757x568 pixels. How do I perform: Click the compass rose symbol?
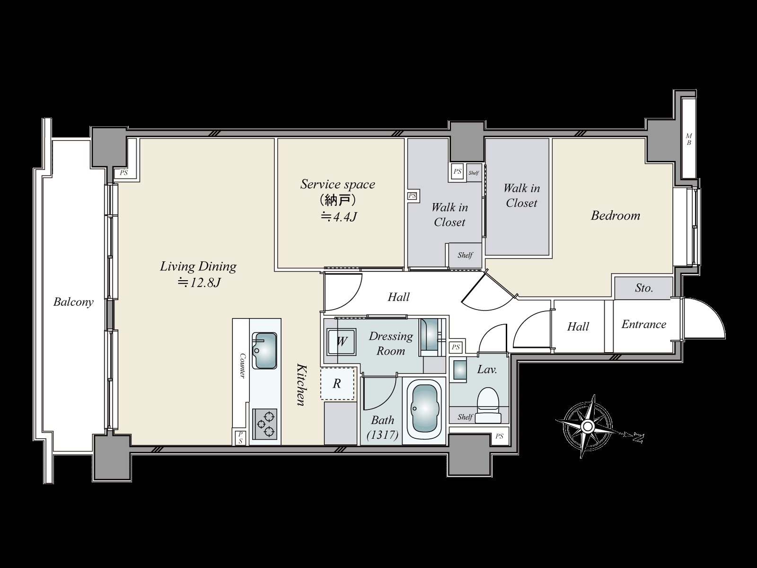[587, 427]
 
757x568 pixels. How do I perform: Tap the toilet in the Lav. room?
[488, 405]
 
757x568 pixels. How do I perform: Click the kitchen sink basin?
[264, 350]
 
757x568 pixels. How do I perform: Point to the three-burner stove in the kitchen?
[264, 424]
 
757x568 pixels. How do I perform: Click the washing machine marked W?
[341, 342]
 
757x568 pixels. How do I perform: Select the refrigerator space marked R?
[337, 384]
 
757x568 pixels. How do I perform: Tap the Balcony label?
[73, 302]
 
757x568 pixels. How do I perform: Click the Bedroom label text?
[616, 215]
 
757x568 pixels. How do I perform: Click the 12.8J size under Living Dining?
[199, 283]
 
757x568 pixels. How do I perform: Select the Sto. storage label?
[644, 288]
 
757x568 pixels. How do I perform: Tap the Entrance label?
[644, 324]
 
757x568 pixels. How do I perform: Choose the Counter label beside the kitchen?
[242, 366]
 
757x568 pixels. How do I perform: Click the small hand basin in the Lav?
[458, 371]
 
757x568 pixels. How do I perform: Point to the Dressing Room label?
[391, 344]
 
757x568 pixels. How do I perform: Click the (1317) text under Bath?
[382, 435]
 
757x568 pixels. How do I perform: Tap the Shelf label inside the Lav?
[465, 417]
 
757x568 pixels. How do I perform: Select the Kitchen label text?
[301, 384]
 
